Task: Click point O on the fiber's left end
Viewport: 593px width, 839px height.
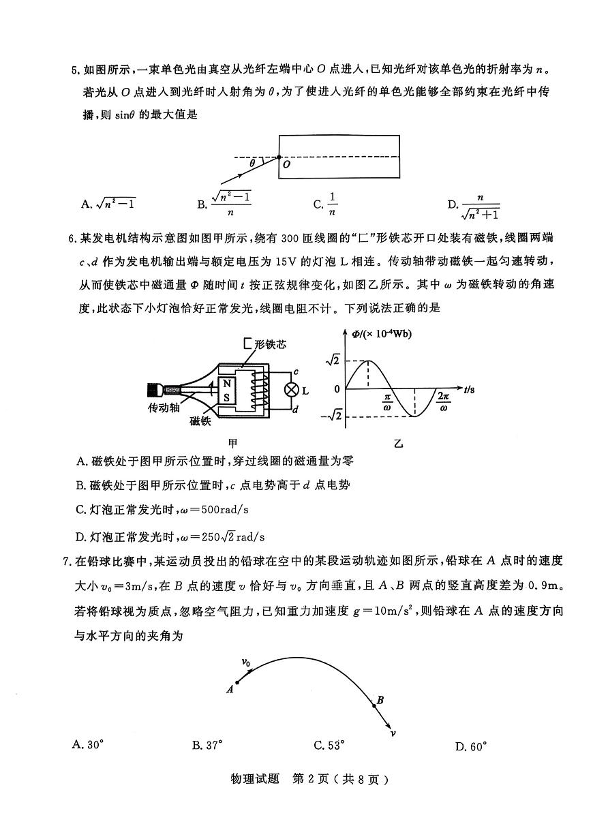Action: (x=279, y=157)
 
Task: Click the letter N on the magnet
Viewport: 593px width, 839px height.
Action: (x=226, y=383)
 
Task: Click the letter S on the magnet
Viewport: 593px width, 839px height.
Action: (x=226, y=397)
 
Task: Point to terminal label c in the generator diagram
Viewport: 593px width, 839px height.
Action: (x=296, y=373)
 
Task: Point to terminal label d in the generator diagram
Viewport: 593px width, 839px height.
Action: (x=296, y=409)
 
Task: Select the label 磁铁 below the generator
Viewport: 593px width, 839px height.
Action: (x=201, y=421)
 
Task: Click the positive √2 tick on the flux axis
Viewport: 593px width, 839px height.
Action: (x=333, y=360)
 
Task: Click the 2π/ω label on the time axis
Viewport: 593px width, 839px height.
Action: (x=444, y=402)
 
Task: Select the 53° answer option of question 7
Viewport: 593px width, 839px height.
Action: (x=326, y=745)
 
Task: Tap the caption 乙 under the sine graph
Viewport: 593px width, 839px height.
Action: (x=399, y=444)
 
